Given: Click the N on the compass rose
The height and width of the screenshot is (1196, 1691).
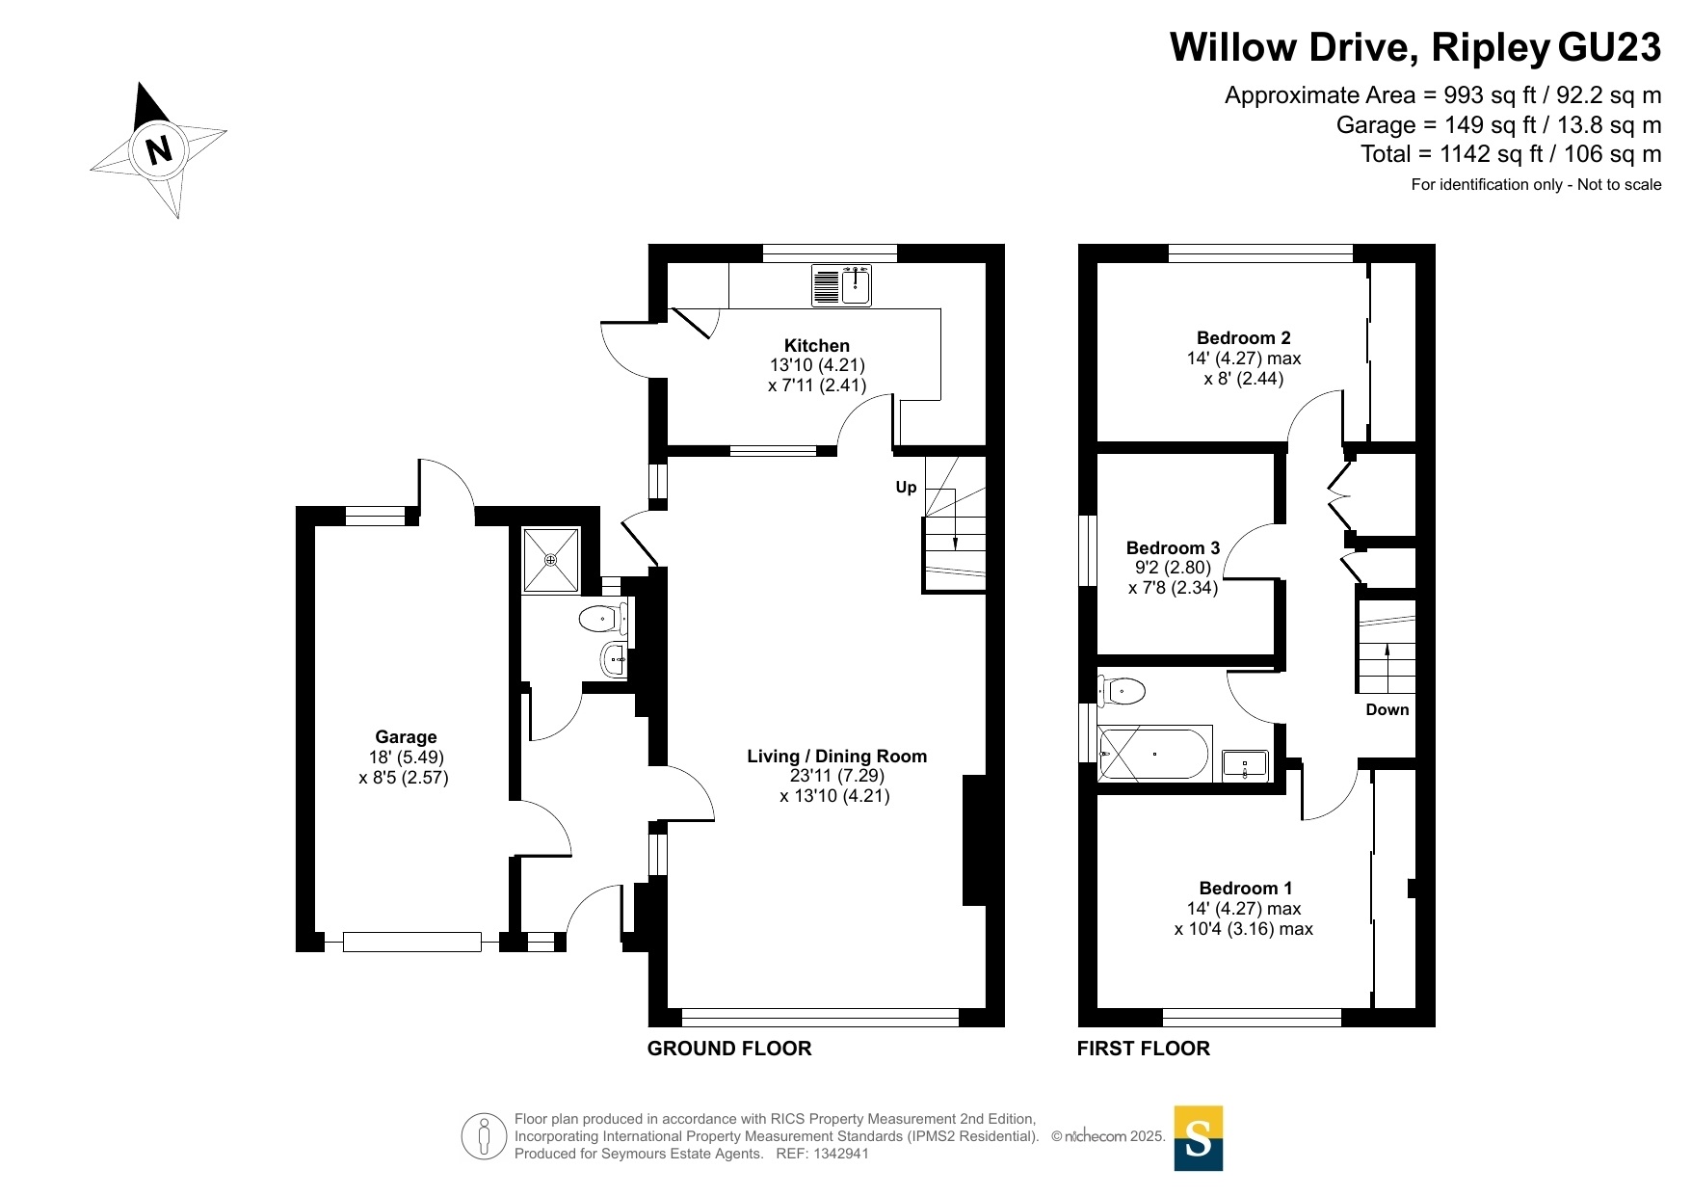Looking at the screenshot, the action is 159,149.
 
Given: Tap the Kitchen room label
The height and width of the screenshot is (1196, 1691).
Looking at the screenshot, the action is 817,345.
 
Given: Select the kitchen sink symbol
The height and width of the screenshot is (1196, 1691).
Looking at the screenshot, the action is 841,285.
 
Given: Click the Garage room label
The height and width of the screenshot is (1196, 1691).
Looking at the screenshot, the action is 406,737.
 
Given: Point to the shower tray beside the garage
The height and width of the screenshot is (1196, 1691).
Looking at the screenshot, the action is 551,559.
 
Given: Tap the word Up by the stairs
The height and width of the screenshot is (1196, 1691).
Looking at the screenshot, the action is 906,488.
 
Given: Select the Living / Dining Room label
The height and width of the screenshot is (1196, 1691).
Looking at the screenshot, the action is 836,757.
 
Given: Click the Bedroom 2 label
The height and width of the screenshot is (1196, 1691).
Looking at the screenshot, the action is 1243,338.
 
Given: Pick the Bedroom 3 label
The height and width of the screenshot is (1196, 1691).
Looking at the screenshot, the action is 1173,548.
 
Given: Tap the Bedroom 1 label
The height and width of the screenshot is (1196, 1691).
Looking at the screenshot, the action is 1245,889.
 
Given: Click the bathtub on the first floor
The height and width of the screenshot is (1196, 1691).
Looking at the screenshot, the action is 1153,754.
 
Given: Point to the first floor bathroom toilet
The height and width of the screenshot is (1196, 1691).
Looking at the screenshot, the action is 1122,690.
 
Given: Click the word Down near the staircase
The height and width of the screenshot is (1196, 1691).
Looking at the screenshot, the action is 1387,710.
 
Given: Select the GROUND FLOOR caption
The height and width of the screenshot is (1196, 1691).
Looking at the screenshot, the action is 729,1049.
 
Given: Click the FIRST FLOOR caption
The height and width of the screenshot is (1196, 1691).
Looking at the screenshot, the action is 1143,1049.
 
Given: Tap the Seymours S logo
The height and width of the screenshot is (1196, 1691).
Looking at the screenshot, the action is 1199,1138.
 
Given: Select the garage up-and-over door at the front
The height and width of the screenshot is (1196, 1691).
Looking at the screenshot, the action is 412,942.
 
